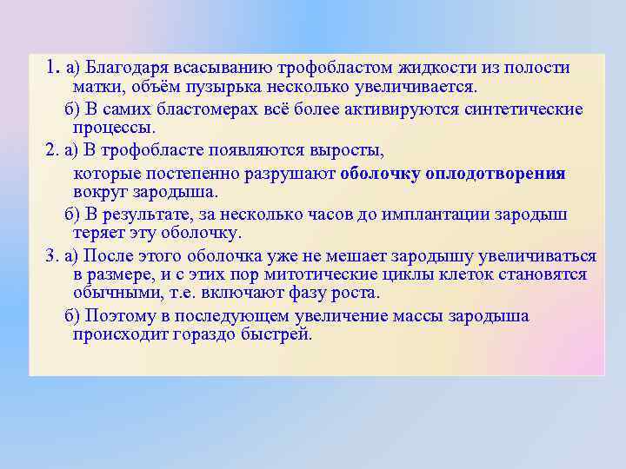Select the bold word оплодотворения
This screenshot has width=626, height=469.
[495, 173]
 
